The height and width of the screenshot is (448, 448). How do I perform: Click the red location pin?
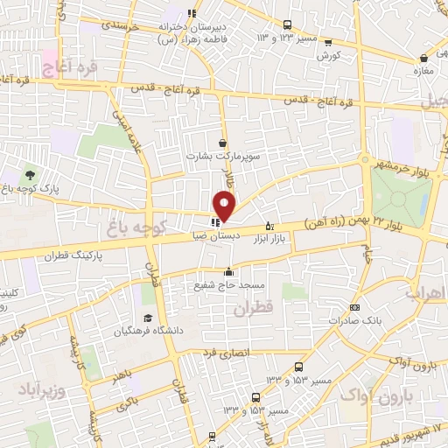pos(225,206)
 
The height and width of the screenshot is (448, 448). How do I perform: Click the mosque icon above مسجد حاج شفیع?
pos(229,271)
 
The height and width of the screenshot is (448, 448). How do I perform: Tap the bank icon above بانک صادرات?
pos(353,307)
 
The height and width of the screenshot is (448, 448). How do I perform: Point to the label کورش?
pos(329,54)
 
